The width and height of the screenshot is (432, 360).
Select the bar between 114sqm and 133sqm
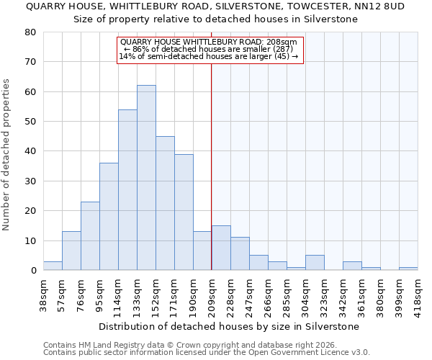[x=127, y=190]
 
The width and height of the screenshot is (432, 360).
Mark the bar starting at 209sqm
[x=221, y=248]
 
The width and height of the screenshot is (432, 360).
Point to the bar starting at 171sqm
[x=184, y=212]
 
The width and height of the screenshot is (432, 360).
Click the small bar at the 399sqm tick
[x=408, y=269]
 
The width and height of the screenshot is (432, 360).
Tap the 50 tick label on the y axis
[x=30, y=122]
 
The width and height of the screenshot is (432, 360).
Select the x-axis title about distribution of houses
[x=229, y=326]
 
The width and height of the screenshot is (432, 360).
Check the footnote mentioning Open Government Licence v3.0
[x=207, y=353]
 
